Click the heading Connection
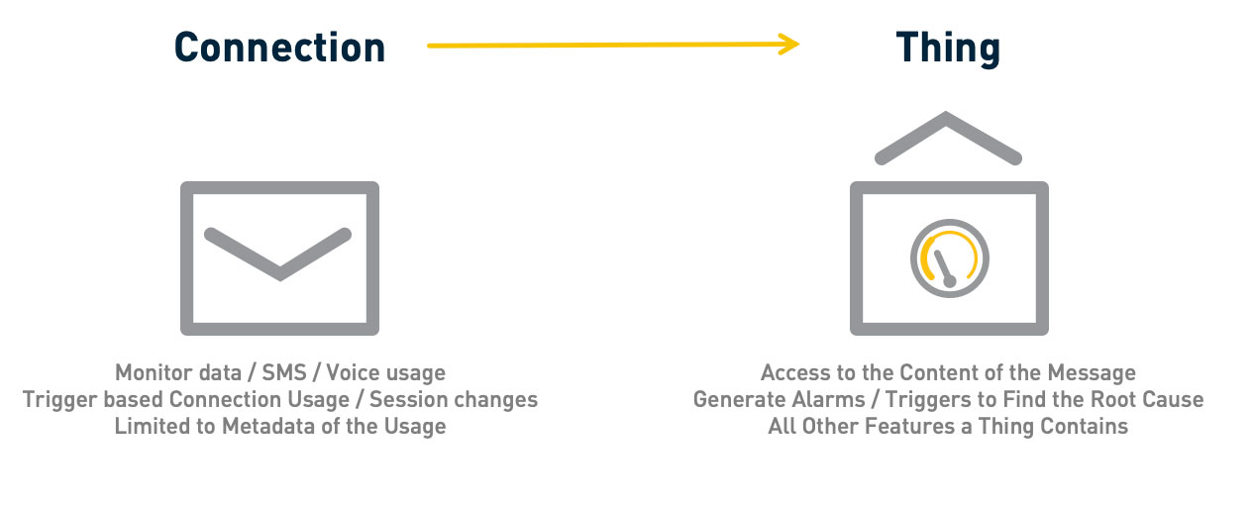(x=279, y=48)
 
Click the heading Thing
(x=948, y=50)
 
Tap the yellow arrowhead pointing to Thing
(x=789, y=45)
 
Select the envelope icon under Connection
(x=279, y=258)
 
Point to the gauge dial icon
(x=950, y=258)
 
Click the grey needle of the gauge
(x=945, y=269)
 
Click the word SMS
(x=284, y=372)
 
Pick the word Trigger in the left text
(x=59, y=400)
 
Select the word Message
(x=1092, y=373)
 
